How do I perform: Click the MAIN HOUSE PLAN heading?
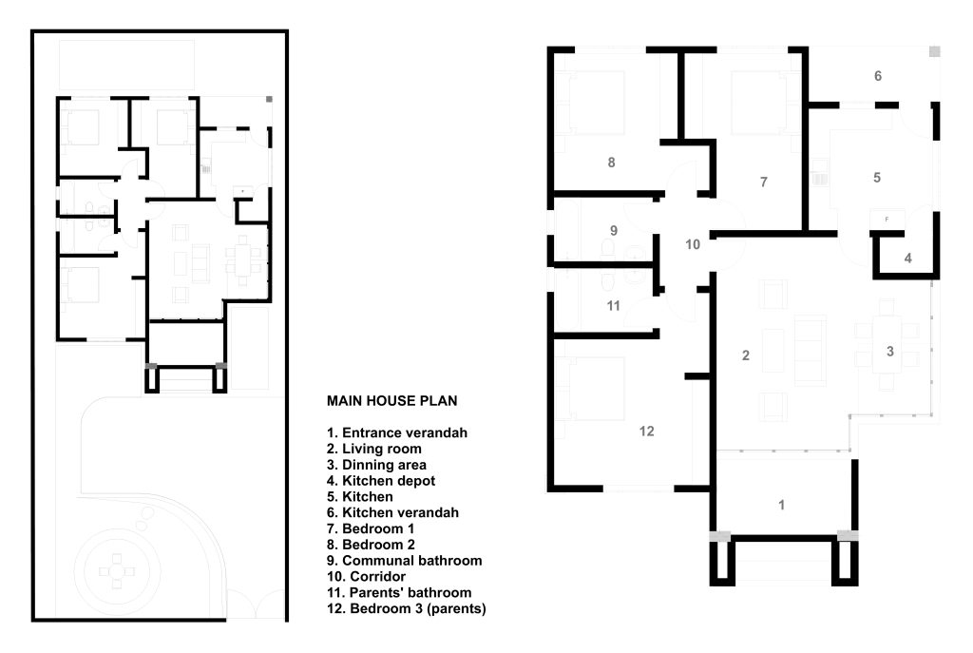(x=392, y=401)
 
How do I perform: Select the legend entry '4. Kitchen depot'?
(x=381, y=481)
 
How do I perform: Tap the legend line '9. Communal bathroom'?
(x=405, y=561)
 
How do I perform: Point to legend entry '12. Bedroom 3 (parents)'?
(x=407, y=609)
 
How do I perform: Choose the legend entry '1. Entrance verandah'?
(x=397, y=433)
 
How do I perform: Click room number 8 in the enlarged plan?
(x=611, y=163)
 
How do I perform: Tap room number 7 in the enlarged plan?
(x=764, y=182)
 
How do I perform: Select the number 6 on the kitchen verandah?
(x=878, y=76)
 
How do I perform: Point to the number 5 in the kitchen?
(x=877, y=178)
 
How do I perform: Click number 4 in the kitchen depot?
(x=907, y=259)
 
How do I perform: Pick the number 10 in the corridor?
(x=693, y=244)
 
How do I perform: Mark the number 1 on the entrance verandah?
(x=781, y=506)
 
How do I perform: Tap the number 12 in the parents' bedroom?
(x=646, y=431)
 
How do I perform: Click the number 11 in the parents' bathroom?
(x=613, y=305)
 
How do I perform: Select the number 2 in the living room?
(x=746, y=355)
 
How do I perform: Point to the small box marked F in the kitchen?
(x=887, y=220)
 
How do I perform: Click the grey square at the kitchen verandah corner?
(x=935, y=51)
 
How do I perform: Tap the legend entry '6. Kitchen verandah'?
(x=392, y=513)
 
